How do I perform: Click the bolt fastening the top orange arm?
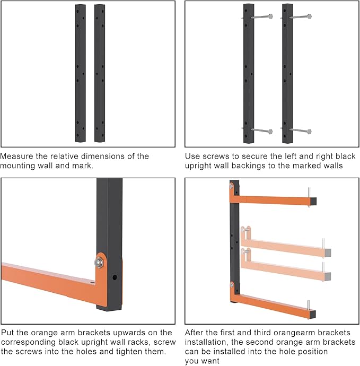coord(232,186)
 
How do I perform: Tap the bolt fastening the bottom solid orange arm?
coord(232,285)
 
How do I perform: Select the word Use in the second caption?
coord(192,156)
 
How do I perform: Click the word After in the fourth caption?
coord(195,333)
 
